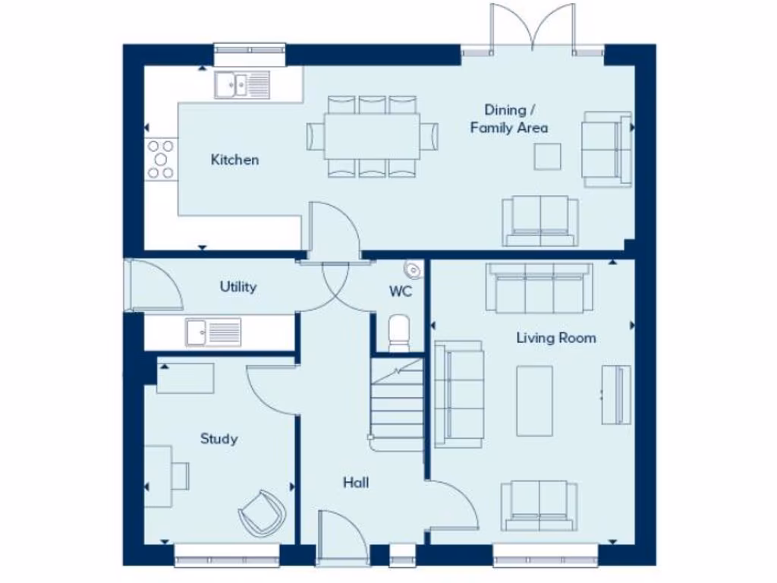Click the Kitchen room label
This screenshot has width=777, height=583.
point(234,159)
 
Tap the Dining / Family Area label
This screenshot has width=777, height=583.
point(508,119)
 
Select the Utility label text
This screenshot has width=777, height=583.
point(238,287)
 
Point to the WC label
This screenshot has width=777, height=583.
point(401,291)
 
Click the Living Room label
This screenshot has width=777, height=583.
point(556,338)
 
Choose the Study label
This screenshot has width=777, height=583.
point(219,439)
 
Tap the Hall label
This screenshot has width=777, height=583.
point(355,482)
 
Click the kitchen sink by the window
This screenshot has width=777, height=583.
point(241,84)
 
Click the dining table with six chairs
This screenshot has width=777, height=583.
point(372,136)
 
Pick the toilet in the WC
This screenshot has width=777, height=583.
point(399,333)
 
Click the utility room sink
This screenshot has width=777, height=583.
point(213,332)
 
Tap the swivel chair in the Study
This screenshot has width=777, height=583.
point(262,513)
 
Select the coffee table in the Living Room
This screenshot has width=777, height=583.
point(534,401)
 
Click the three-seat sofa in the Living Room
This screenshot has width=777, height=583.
point(539,288)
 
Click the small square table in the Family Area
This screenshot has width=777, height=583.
point(547,156)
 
